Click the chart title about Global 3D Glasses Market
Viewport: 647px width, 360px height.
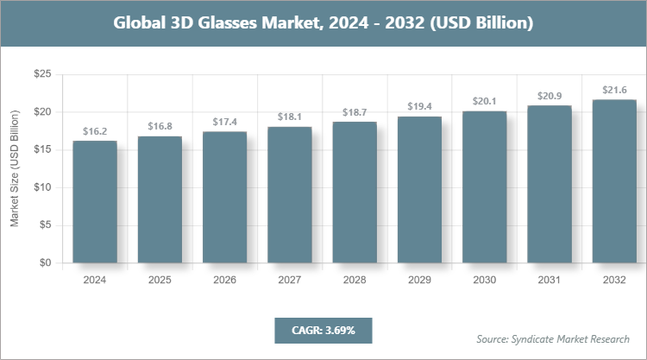(x=323, y=23)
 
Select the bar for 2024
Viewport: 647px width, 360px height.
(x=95, y=202)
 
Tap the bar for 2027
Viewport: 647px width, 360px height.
(x=290, y=195)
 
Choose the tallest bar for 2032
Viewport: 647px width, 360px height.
(x=614, y=181)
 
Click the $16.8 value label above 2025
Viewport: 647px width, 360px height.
(x=160, y=126)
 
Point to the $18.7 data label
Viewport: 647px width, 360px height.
(x=355, y=112)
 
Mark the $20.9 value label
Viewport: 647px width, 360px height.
(x=550, y=95)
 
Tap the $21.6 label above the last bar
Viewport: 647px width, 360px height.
(x=614, y=90)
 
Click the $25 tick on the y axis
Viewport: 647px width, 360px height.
(x=40, y=75)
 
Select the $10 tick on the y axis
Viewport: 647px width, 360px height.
(x=40, y=187)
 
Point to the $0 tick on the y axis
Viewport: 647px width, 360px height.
(x=42, y=262)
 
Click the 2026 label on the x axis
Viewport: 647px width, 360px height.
(x=224, y=281)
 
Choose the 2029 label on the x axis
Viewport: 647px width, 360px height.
(x=419, y=281)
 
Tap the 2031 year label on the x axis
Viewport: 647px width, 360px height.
(x=550, y=281)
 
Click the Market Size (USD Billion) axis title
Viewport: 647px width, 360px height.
(x=15, y=169)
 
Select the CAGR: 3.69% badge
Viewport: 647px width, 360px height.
(x=323, y=330)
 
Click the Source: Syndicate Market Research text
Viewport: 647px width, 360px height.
(x=553, y=338)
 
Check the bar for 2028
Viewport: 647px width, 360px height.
(x=355, y=193)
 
